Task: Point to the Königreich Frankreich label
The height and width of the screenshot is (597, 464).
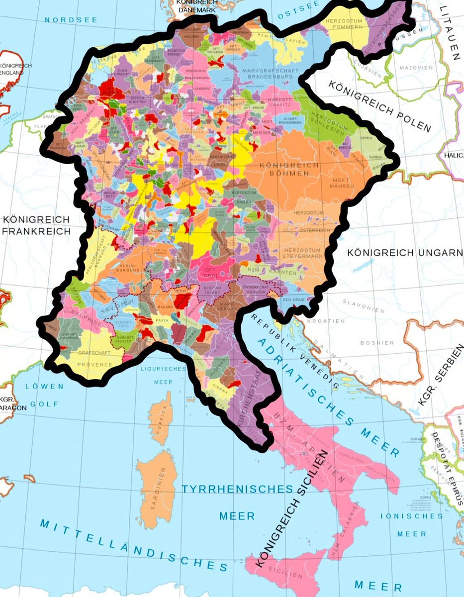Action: click(36, 225)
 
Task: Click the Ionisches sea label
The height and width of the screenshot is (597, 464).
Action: click(411, 516)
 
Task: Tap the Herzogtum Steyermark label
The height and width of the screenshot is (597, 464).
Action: click(305, 254)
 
